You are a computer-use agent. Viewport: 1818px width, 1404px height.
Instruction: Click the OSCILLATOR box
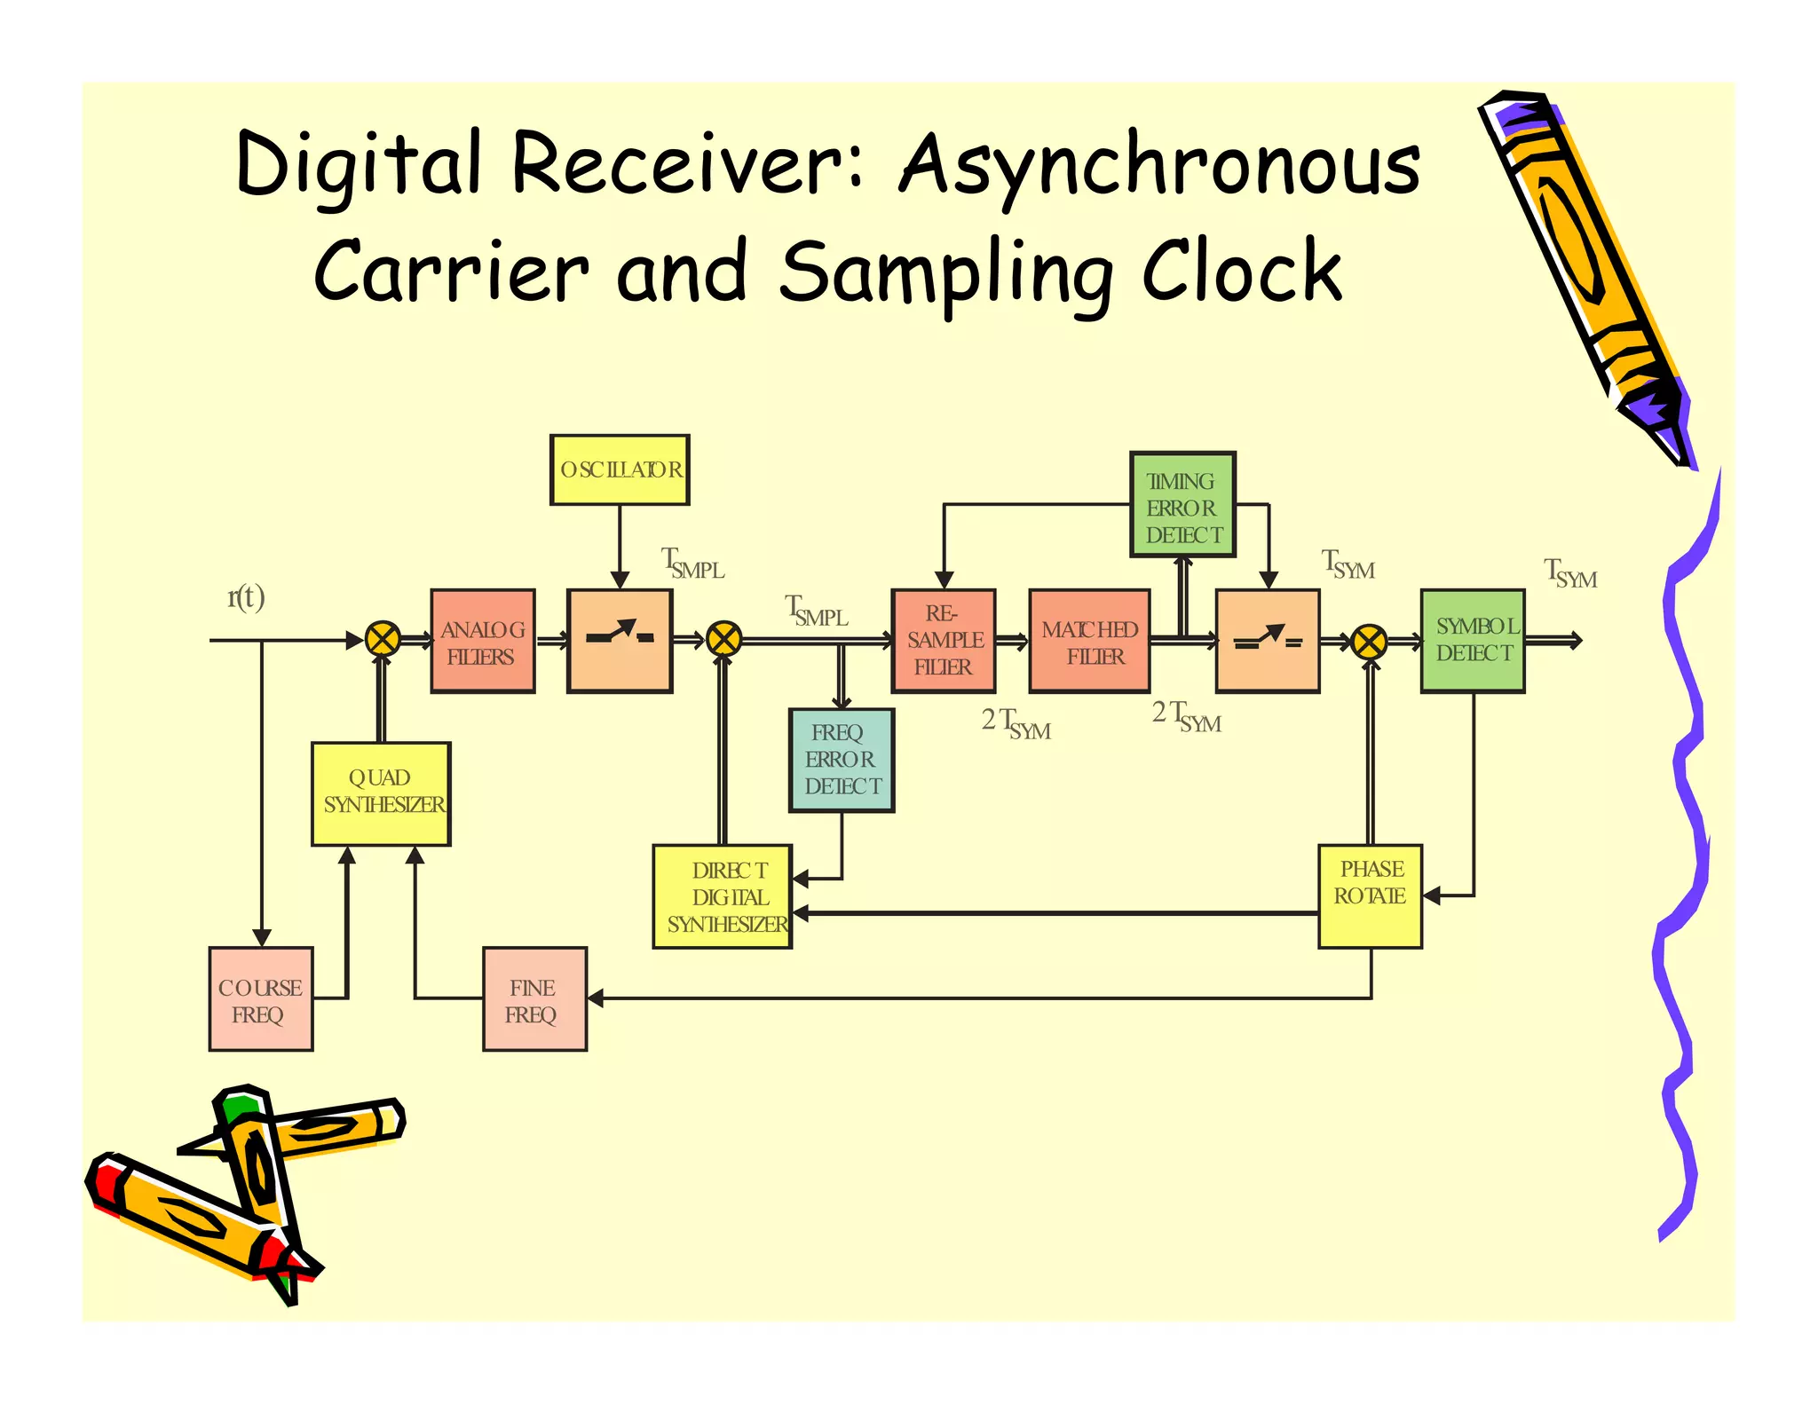click(x=619, y=469)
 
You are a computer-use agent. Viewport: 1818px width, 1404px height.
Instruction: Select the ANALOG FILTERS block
click(x=482, y=642)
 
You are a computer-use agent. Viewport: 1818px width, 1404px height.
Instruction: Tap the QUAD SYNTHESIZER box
click(x=381, y=793)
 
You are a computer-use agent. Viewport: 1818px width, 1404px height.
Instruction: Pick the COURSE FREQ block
click(x=260, y=999)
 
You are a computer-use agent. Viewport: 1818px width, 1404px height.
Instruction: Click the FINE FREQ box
click(x=534, y=999)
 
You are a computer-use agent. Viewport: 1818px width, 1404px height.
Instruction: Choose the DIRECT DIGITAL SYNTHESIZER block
click(x=722, y=896)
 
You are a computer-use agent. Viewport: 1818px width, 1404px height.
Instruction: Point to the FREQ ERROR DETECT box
click(x=841, y=760)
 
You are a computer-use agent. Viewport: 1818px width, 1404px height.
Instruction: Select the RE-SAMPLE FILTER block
click(x=943, y=641)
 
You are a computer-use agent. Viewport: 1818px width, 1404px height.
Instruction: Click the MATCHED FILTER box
click(x=1089, y=642)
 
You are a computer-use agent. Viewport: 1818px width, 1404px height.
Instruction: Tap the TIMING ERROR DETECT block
click(x=1182, y=505)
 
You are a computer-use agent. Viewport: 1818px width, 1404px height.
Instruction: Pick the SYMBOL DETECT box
click(x=1472, y=641)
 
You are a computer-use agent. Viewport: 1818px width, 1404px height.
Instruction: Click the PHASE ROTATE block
click(x=1370, y=896)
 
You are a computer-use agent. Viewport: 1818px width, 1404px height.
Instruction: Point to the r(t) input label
click(x=246, y=597)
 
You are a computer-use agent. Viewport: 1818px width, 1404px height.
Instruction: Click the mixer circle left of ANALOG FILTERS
click(x=383, y=639)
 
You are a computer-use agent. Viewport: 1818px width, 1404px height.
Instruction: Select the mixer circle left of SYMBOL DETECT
click(x=1368, y=642)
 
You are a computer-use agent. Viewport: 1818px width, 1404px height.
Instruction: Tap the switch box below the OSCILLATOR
click(x=620, y=641)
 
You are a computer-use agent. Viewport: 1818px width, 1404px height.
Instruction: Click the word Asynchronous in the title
click(x=1158, y=164)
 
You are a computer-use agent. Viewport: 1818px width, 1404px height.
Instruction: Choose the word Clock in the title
click(x=1240, y=272)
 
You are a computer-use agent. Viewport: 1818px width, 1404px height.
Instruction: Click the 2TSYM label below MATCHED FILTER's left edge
click(x=1016, y=723)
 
